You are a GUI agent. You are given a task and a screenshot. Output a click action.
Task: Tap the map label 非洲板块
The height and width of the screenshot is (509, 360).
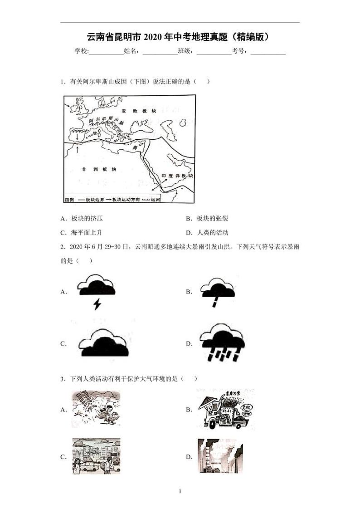[x=98, y=169]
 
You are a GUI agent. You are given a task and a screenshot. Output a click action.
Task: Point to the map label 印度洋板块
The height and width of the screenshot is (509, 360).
[x=177, y=176]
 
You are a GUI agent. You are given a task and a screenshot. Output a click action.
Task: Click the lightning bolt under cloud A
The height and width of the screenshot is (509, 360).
[x=97, y=304]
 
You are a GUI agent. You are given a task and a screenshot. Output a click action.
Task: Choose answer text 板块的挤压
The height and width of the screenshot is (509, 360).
[x=87, y=218]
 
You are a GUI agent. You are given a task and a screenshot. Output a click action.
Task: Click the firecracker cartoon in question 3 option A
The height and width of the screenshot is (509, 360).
[x=96, y=410]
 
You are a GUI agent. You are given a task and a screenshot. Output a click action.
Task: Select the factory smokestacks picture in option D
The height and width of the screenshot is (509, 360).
[x=220, y=456]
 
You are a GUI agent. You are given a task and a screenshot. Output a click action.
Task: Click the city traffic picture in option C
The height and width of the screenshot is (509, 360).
[x=97, y=456]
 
